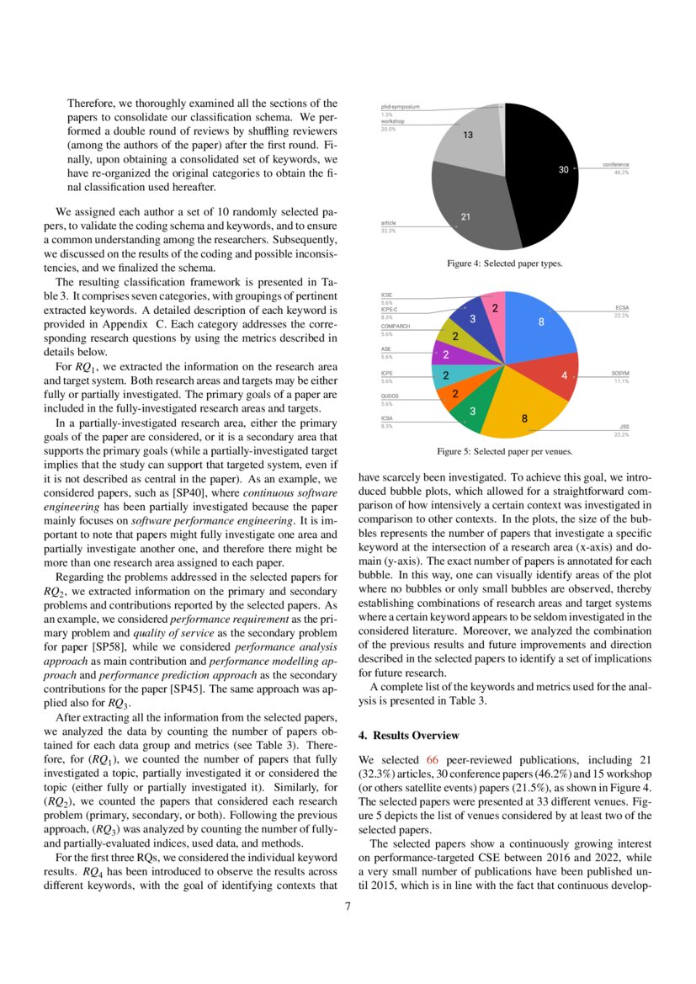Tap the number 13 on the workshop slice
pyautogui.click(x=468, y=135)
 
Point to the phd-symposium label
pyautogui.click(x=400, y=108)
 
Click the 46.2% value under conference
pyautogui.click(x=621, y=172)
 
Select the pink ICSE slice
pyautogui.click(x=494, y=310)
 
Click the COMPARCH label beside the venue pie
pyautogui.click(x=396, y=326)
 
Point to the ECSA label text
pyautogui.click(x=622, y=309)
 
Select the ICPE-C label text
pyautogui.click(x=390, y=310)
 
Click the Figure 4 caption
pyautogui.click(x=504, y=263)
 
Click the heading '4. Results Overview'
pyautogui.click(x=406, y=736)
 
